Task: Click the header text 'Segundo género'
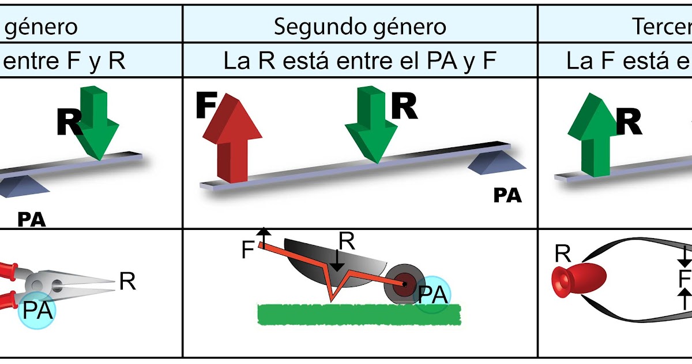click(x=360, y=26)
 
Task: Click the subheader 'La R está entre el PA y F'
click(x=360, y=61)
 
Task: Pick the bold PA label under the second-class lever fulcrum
click(x=507, y=195)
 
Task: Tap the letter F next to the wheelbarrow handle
click(x=247, y=250)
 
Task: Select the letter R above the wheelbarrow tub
click(x=347, y=242)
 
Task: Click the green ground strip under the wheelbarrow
click(x=359, y=314)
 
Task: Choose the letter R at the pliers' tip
click(x=127, y=281)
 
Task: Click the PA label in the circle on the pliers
click(x=38, y=310)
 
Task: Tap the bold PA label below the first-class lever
click(x=31, y=220)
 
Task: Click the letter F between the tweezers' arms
click(x=685, y=278)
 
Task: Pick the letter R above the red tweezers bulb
click(x=563, y=252)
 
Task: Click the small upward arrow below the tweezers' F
click(x=685, y=299)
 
